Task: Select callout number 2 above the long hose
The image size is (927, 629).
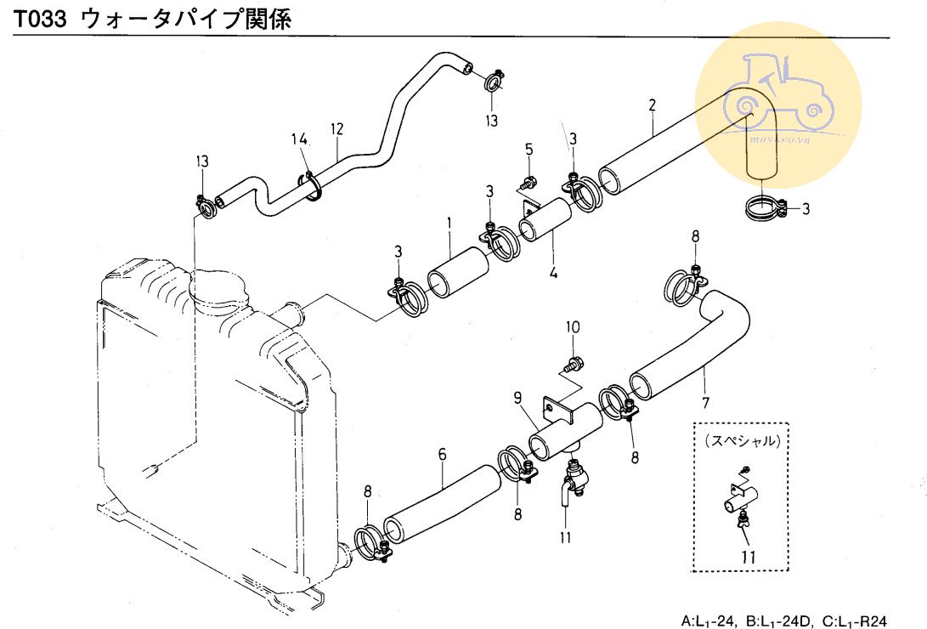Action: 652,106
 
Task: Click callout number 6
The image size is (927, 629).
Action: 442,455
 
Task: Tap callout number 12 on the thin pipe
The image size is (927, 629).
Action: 337,129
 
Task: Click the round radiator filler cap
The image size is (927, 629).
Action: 218,293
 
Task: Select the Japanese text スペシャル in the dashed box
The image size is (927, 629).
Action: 742,441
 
